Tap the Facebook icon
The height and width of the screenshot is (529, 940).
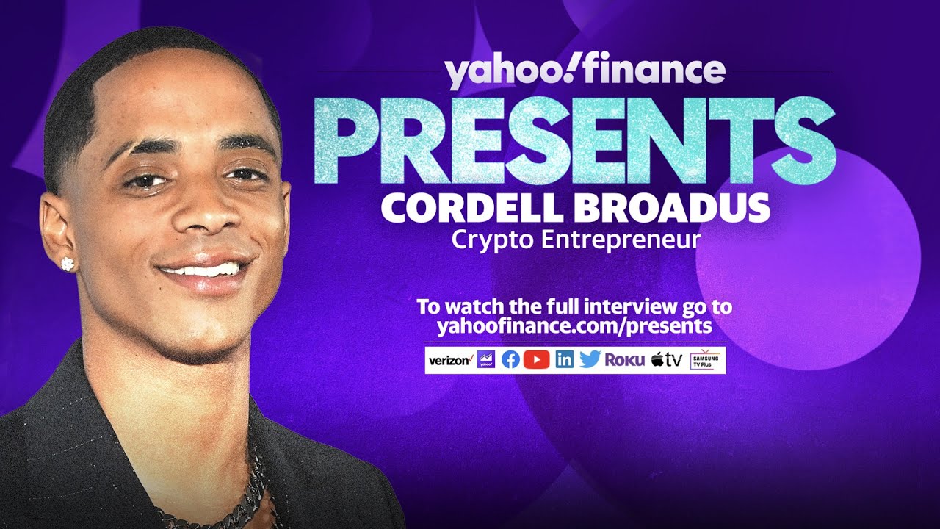510,360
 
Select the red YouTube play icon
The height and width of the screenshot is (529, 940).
537,360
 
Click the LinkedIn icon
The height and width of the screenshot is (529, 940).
564,360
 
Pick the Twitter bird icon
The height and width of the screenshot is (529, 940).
590,360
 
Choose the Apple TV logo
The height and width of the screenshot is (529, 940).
667,360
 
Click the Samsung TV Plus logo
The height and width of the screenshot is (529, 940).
706,360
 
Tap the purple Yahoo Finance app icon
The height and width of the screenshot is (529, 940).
485,360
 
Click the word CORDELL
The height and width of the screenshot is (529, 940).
474,208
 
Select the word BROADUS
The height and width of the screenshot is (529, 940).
672,208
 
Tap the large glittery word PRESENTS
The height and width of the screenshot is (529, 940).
575,141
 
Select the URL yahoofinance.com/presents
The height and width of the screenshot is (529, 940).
574,325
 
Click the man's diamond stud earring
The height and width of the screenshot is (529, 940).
68,263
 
